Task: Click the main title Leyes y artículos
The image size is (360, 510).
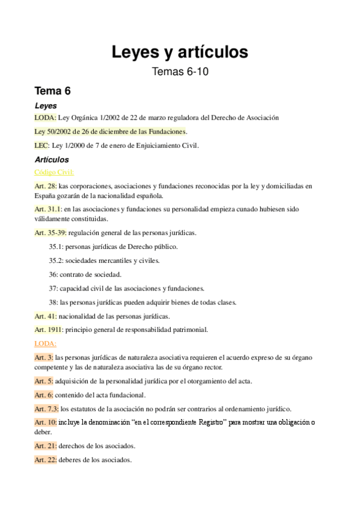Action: click(180, 52)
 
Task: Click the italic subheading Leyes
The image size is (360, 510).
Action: click(46, 106)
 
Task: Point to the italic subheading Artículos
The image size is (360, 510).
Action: click(52, 160)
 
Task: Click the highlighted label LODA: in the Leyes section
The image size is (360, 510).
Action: click(46, 118)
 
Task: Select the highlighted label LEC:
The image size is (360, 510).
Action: click(43, 144)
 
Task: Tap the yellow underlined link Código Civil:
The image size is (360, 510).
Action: click(54, 172)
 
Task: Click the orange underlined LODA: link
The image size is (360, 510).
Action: click(46, 343)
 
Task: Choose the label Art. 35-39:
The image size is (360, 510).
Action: click(50, 232)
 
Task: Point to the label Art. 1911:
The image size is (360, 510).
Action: click(48, 329)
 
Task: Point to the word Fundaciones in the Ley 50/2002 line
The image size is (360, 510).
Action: click(168, 131)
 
